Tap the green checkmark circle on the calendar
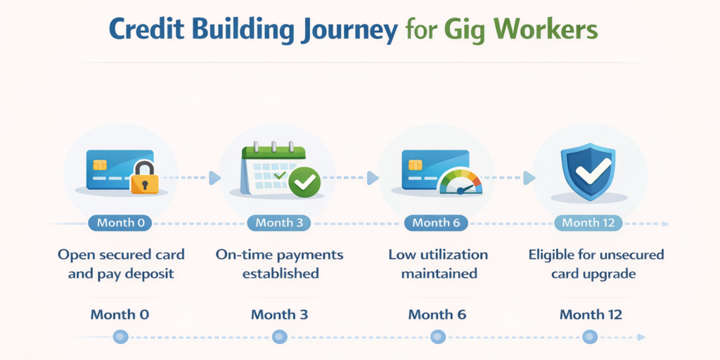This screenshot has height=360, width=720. pyautogui.click(x=304, y=182)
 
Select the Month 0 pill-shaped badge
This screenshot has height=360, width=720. pyautogui.click(x=121, y=223)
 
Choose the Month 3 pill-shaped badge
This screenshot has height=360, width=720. pyautogui.click(x=279, y=223)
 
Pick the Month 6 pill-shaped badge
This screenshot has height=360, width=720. pyautogui.click(x=437, y=223)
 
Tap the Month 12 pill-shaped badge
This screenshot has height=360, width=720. pyautogui.click(x=589, y=223)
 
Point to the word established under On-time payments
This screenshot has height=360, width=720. pyautogui.click(x=281, y=273)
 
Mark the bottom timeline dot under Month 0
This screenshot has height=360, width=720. pyautogui.click(x=120, y=337)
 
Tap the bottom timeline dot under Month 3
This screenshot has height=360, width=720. pyautogui.click(x=279, y=337)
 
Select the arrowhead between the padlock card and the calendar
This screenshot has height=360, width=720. pyautogui.click(x=214, y=178)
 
